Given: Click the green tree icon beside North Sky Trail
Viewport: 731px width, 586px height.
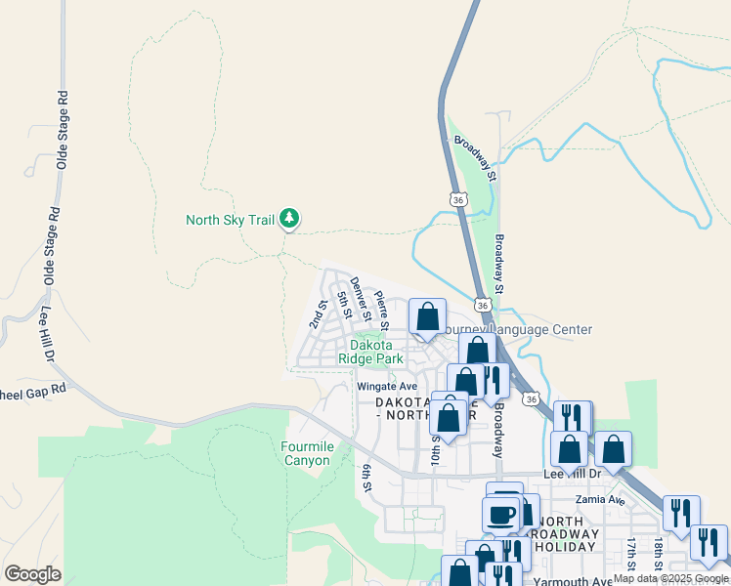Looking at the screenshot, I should pyautogui.click(x=288, y=219).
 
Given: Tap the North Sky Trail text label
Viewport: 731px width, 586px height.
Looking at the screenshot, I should pyautogui.click(x=230, y=220).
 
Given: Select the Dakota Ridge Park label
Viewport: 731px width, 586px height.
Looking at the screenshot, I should pyautogui.click(x=370, y=352).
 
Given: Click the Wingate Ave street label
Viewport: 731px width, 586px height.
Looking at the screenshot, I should pyautogui.click(x=387, y=387).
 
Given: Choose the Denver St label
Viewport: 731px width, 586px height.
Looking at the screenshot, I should pyautogui.click(x=360, y=299).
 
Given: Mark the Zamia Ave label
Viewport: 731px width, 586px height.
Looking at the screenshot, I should pyautogui.click(x=603, y=500).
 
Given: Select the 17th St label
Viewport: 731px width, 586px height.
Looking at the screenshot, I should pyautogui.click(x=632, y=553).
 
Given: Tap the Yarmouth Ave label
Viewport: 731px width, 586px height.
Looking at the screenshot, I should pyautogui.click(x=574, y=580).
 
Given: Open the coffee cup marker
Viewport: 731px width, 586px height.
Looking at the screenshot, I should pyautogui.click(x=501, y=515).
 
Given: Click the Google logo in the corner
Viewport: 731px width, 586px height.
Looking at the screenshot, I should pyautogui.click(x=32, y=573).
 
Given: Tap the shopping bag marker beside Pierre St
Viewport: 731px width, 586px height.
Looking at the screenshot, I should pyautogui.click(x=427, y=318).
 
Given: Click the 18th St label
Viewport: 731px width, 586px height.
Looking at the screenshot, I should pyautogui.click(x=660, y=553).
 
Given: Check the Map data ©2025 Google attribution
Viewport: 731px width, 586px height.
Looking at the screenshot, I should pyautogui.click(x=670, y=579).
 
